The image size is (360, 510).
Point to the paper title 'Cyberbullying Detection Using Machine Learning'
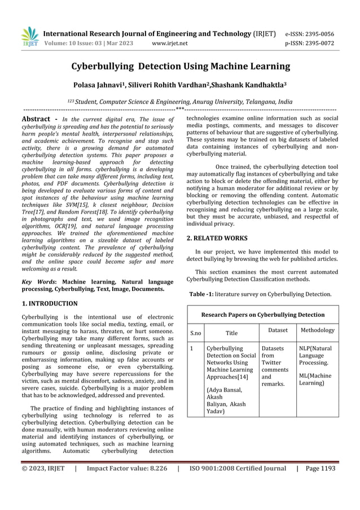pos(180,67)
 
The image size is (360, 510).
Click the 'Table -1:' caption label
pos(201,294)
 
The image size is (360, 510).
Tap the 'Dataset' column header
pos(278,330)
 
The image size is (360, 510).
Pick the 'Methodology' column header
pos(317,330)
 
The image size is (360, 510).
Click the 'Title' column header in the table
pos(231,333)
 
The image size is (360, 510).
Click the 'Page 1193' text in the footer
pos(321,468)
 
